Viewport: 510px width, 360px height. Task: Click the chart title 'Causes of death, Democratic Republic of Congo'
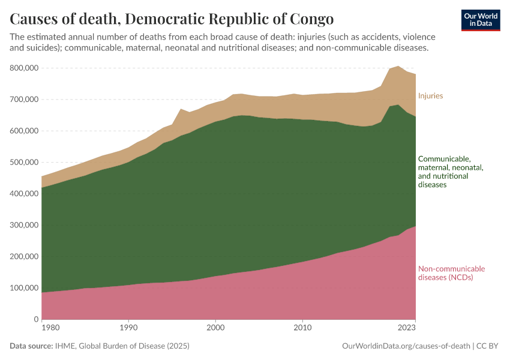172,17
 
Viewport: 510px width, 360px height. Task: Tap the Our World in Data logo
481,20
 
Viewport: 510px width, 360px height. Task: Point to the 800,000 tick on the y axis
22,68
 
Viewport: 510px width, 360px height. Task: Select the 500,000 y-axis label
22,163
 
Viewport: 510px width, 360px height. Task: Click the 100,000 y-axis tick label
22,288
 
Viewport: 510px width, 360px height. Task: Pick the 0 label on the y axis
35,319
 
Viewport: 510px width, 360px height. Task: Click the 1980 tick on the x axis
50,328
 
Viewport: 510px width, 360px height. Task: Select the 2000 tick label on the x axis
215,328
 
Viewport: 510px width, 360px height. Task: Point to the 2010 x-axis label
302,328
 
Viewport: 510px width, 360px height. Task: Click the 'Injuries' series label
430,96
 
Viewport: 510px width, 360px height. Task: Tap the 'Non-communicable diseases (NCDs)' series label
451,273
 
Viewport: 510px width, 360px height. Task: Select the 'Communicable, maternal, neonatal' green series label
450,172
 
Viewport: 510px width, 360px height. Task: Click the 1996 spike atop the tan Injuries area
181,110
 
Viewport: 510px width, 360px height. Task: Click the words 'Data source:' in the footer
31,346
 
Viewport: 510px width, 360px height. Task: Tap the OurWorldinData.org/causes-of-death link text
406,346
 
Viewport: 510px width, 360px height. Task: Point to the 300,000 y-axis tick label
22,225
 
